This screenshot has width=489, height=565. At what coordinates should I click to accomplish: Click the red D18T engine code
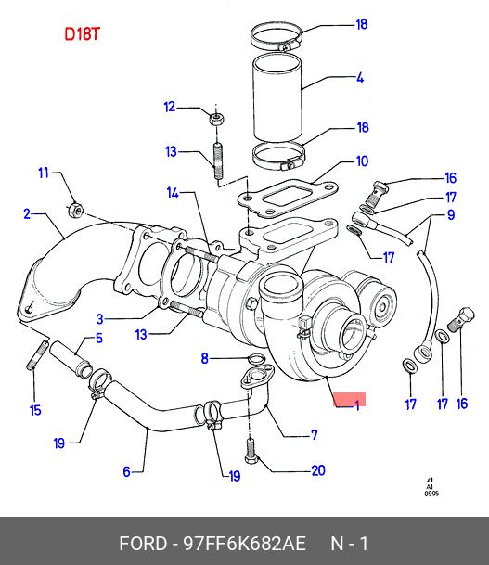click(x=82, y=34)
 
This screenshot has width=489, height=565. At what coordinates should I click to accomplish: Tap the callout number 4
click(x=360, y=78)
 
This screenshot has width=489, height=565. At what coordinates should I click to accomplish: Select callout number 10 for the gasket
click(x=362, y=161)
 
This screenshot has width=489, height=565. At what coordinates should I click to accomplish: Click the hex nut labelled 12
click(x=216, y=119)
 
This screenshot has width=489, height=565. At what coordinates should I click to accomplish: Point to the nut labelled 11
click(x=76, y=210)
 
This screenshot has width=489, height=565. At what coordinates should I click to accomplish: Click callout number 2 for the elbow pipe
click(x=27, y=214)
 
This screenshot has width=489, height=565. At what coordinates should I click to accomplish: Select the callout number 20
click(x=318, y=470)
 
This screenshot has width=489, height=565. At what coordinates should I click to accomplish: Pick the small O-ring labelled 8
click(x=257, y=358)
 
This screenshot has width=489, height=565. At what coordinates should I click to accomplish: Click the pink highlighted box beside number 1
click(x=349, y=399)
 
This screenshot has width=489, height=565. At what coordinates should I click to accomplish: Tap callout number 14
click(x=173, y=193)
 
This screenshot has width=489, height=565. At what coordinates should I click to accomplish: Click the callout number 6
click(x=126, y=471)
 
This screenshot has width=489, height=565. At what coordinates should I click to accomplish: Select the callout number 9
click(x=451, y=214)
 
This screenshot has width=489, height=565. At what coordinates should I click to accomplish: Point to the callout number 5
click(x=99, y=338)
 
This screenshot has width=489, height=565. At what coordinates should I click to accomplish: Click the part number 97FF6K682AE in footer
click(x=245, y=543)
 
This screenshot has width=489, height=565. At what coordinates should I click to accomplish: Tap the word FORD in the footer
click(x=143, y=543)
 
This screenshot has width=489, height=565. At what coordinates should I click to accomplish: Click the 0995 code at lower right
click(x=431, y=494)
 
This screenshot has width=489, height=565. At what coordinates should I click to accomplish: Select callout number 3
click(x=100, y=319)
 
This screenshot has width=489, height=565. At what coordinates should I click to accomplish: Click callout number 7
click(x=315, y=435)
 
